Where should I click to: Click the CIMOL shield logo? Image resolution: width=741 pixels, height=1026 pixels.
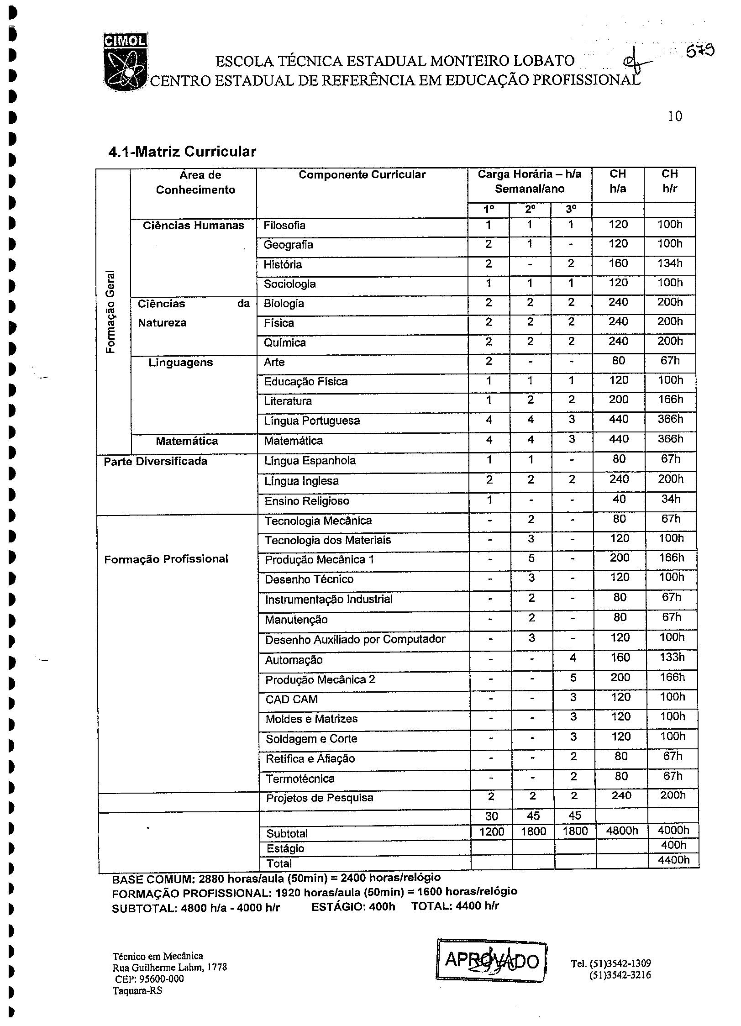click(x=125, y=62)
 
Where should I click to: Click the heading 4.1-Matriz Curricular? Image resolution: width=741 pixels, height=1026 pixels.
click(x=182, y=152)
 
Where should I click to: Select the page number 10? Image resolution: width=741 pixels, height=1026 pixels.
click(x=675, y=116)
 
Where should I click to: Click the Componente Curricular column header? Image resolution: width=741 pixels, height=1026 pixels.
click(x=362, y=175)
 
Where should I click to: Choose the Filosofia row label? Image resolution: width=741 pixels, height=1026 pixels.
click(x=284, y=226)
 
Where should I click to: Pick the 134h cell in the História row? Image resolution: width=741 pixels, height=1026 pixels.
click(x=669, y=263)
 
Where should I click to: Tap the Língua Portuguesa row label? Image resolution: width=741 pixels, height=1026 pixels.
click(x=312, y=421)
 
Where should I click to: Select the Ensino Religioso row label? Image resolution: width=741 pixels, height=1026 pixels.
click(x=307, y=501)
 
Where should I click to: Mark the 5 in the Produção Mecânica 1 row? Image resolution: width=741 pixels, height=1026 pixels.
click(x=531, y=559)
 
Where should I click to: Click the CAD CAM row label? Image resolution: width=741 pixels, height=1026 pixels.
click(x=291, y=699)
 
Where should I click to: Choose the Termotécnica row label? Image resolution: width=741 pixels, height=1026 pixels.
click(x=300, y=779)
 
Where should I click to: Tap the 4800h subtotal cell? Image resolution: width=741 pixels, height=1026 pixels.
click(x=621, y=831)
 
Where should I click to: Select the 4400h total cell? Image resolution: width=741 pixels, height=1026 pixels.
click(x=673, y=860)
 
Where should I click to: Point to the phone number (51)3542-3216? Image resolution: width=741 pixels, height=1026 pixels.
click(x=620, y=975)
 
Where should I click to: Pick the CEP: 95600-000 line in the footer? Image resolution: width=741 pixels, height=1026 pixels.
click(x=149, y=979)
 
